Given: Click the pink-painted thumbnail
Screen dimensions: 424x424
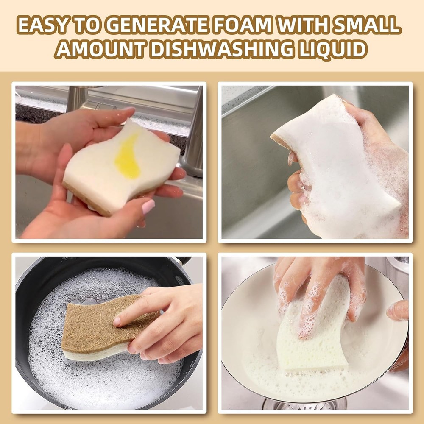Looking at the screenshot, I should [x=148, y=206].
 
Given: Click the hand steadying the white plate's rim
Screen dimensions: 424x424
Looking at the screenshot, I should [x=399, y=312].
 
